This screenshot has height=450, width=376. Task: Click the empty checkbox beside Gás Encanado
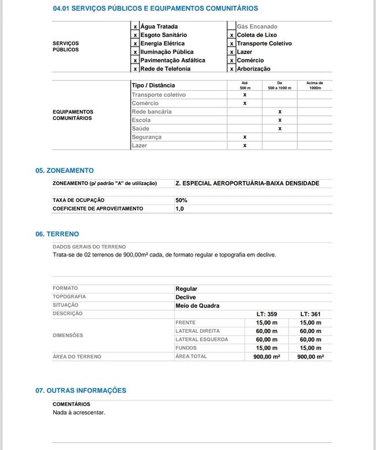[x=231, y=27]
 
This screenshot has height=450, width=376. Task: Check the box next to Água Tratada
[x=135, y=27]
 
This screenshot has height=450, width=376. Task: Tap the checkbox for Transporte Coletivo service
[x=231, y=43]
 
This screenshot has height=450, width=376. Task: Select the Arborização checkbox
[x=231, y=69]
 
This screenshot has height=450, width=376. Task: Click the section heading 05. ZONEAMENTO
[x=64, y=171]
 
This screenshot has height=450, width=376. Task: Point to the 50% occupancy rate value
[x=182, y=200]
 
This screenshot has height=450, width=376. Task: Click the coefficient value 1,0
[x=179, y=209]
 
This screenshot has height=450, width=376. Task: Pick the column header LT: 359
[x=267, y=314]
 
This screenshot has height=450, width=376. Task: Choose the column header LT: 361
[x=310, y=314]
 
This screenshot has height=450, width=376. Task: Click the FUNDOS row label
[x=185, y=348]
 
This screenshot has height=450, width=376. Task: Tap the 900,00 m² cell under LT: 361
[x=310, y=356]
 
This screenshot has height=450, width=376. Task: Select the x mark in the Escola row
[x=279, y=120]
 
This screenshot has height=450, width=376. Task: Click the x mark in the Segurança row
[x=245, y=137]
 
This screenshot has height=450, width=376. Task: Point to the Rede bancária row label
[x=152, y=111]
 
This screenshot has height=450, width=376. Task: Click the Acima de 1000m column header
[x=315, y=85]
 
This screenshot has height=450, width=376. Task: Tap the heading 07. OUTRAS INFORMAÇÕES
[x=80, y=391]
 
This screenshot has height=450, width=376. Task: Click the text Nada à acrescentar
[x=79, y=412]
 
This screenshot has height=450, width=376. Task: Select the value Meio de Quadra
[x=197, y=305]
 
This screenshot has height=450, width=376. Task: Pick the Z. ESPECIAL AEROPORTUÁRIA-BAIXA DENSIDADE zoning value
[x=247, y=183]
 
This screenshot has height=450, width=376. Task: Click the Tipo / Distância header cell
[x=153, y=85]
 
